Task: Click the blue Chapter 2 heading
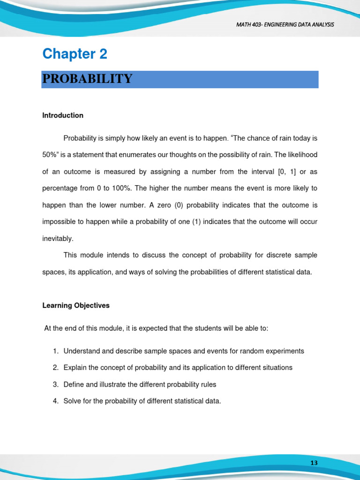[x=75, y=54]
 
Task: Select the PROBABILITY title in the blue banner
[x=87, y=79]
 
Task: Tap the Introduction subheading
[x=63, y=115]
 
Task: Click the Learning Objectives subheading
[x=76, y=306]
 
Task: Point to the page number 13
[x=314, y=463]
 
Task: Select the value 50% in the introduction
[x=50, y=155]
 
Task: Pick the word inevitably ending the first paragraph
[x=58, y=239]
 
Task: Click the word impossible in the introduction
[x=59, y=222]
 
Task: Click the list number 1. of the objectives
[x=55, y=351]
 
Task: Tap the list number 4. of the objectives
[x=55, y=401]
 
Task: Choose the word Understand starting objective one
[x=82, y=351]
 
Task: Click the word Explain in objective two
[x=75, y=367]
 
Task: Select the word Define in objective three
[x=74, y=384]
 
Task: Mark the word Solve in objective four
[x=72, y=401]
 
